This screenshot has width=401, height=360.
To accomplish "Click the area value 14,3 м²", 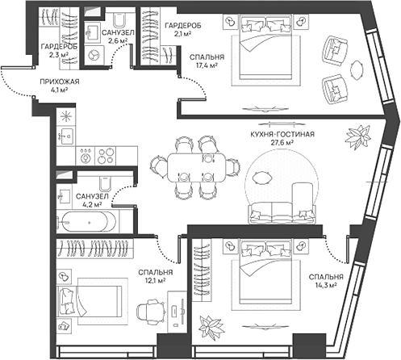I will click(326, 284).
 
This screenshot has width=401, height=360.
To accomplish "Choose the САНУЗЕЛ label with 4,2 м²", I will click(92, 196).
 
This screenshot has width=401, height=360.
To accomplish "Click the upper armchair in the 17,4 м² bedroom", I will click(333, 51).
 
